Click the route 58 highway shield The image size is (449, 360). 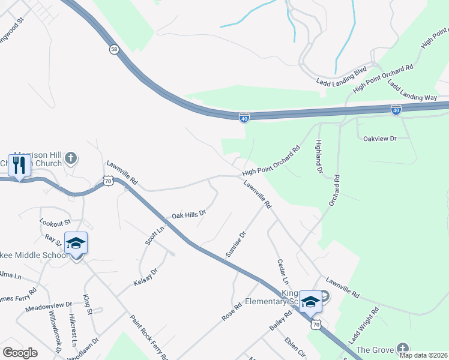[113, 49]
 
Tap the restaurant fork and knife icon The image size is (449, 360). [19, 165]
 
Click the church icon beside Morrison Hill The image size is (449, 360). [71, 158]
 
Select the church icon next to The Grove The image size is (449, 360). [402, 349]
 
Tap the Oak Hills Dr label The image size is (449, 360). [189, 214]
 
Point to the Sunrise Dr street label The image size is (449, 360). [235, 245]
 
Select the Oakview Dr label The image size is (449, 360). [381, 139]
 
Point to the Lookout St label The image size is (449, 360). [55, 222]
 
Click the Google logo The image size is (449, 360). [20, 353]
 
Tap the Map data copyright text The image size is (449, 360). [424, 355]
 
